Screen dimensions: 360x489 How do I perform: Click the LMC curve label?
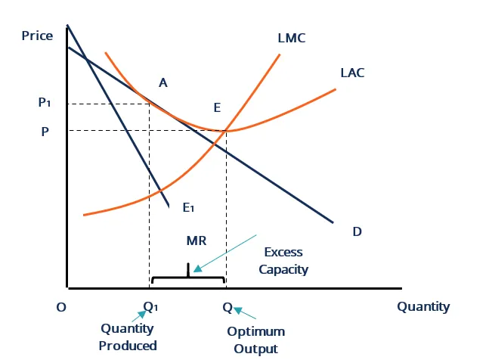click(292, 38)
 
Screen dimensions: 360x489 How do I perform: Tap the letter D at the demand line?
click(357, 231)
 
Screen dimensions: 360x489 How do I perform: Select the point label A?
click(162, 82)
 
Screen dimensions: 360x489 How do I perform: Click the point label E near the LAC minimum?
click(217, 107)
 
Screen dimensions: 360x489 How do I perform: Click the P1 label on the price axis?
click(45, 104)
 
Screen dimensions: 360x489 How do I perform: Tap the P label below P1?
click(45, 131)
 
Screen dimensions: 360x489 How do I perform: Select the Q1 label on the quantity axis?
click(151, 307)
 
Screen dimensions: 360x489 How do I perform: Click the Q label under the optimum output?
click(227, 307)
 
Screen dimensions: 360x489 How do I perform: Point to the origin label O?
click(61, 307)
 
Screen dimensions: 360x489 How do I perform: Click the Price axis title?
click(37, 36)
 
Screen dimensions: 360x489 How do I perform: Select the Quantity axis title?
click(423, 306)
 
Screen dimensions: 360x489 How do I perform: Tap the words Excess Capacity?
click(283, 260)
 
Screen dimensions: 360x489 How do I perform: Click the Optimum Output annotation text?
click(256, 340)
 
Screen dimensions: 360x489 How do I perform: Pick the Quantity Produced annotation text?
click(128, 337)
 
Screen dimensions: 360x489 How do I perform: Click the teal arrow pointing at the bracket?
click(225, 251)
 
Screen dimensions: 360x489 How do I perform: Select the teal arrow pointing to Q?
click(245, 313)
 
